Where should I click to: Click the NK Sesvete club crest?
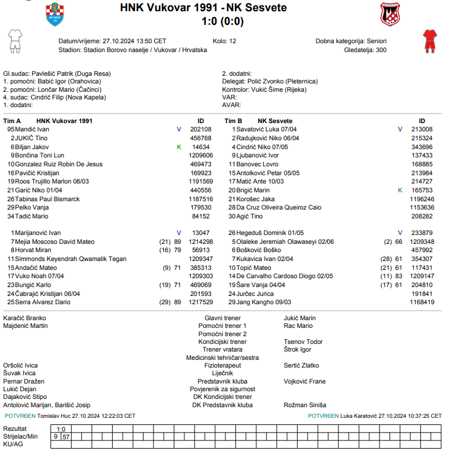point(391,14)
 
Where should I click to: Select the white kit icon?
point(15,40)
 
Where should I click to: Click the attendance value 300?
point(381,50)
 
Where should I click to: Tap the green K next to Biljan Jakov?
point(178,147)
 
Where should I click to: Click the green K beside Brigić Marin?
point(400,190)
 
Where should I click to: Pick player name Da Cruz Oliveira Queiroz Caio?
point(279,207)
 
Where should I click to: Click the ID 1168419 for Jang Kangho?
point(422,302)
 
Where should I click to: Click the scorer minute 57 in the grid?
point(66,436)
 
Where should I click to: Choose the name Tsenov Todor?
point(303,342)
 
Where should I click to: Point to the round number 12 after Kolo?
point(232,41)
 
